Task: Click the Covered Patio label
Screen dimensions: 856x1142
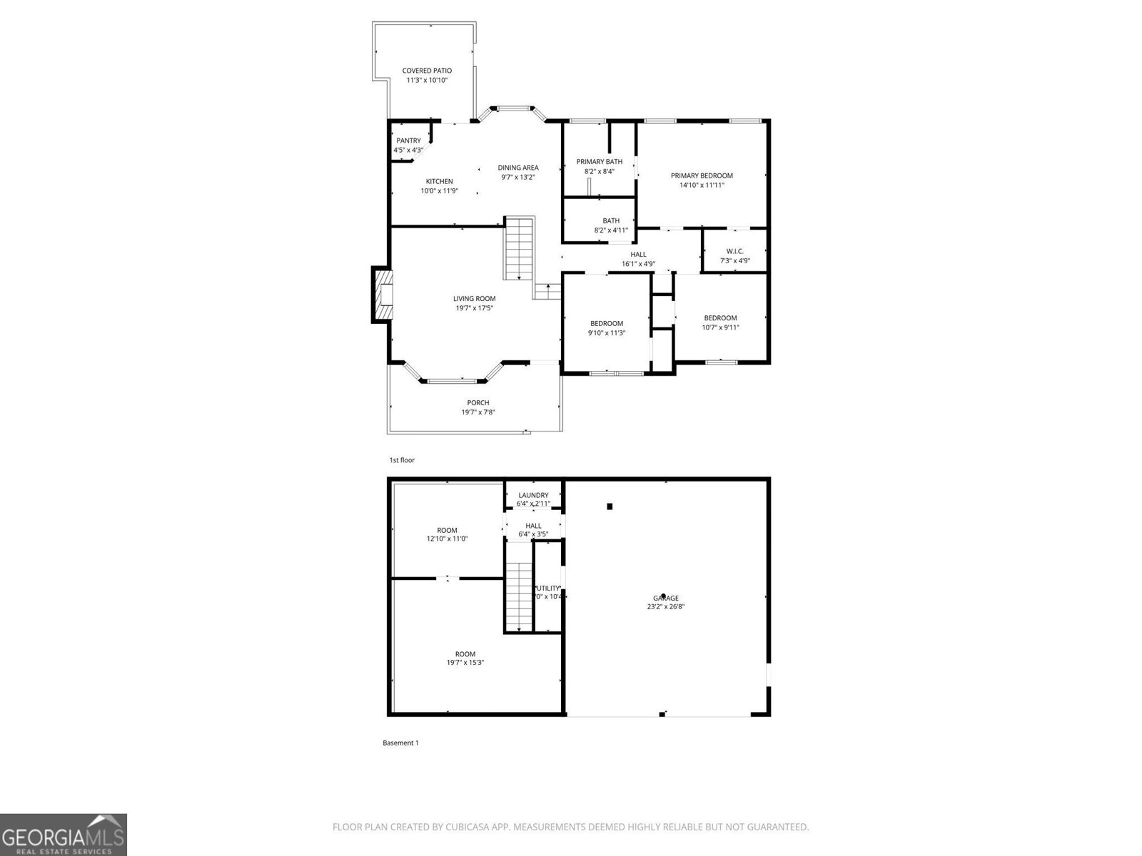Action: click(427, 71)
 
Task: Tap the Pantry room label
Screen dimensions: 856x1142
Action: click(408, 141)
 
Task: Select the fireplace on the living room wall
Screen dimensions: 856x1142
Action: click(383, 295)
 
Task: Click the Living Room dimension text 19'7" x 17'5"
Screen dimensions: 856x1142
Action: click(475, 308)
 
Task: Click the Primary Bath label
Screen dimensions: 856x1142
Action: click(600, 162)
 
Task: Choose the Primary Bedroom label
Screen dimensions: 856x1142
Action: click(702, 175)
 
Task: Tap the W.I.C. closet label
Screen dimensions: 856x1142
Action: click(734, 251)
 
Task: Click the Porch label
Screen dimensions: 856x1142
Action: click(478, 403)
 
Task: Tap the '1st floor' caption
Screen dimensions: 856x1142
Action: click(402, 460)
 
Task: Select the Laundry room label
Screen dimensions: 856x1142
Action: click(533, 495)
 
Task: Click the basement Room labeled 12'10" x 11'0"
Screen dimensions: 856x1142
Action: click(447, 534)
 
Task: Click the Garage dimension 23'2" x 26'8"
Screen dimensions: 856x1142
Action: click(665, 607)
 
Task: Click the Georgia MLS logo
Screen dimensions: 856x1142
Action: click(64, 834)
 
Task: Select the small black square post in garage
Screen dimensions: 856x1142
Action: click(610, 506)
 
